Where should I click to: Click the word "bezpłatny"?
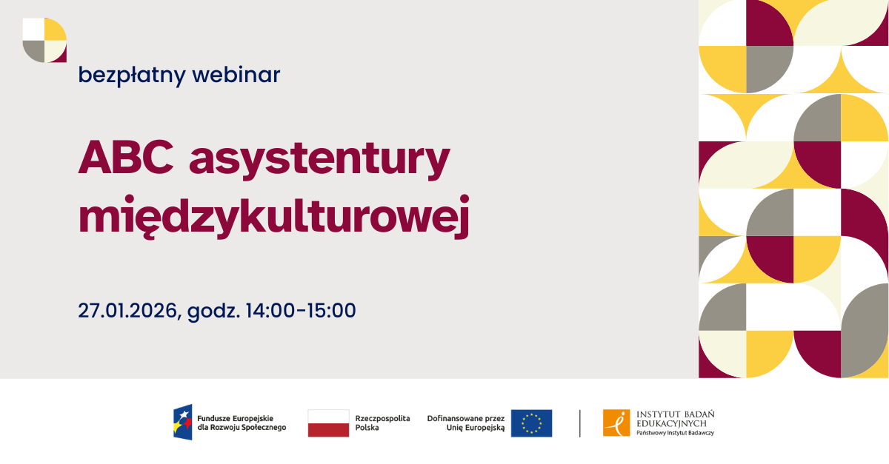[x=132, y=75]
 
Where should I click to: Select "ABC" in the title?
[x=126, y=157]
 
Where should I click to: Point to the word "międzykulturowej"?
[x=274, y=217]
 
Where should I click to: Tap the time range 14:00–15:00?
[x=301, y=310]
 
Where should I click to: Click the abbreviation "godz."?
[x=213, y=312]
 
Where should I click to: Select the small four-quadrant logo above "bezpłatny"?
[x=44, y=40]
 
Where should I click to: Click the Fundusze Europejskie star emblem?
[x=183, y=423]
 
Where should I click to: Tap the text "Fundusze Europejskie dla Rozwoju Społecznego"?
[x=242, y=423]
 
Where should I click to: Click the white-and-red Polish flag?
[x=329, y=423]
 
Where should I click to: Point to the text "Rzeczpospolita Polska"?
[x=382, y=423]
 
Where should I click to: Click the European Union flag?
[x=531, y=423]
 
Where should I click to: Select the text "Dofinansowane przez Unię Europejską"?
[x=466, y=423]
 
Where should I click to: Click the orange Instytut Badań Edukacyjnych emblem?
[x=616, y=423]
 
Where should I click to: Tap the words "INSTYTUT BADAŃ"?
[x=676, y=414]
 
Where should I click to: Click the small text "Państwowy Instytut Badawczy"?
[x=675, y=433]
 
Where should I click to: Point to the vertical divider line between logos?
[x=580, y=423]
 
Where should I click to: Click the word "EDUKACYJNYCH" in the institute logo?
[x=671, y=423]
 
